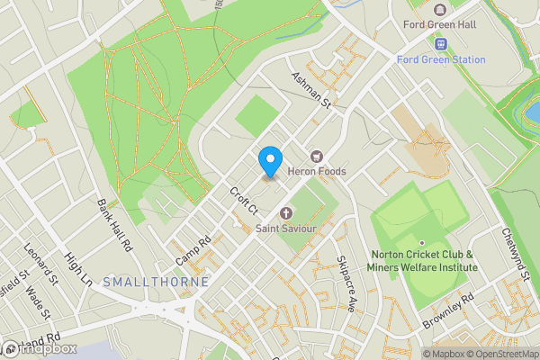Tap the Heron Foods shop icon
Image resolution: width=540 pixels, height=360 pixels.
[316, 156]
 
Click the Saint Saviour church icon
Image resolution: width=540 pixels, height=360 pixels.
[287, 213]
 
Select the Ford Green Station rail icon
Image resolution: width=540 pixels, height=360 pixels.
[441, 43]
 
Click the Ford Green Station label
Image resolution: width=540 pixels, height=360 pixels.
[441, 60]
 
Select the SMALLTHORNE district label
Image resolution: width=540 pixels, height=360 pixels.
[157, 282]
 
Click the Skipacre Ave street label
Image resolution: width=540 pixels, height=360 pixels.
[346, 270]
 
